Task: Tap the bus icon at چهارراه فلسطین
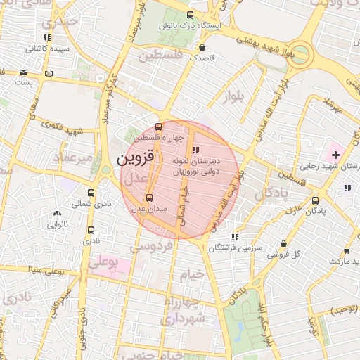tap(158, 127)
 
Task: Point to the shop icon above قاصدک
tap(202, 48)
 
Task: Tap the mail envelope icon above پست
tap(25, 72)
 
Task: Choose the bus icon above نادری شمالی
tap(91, 193)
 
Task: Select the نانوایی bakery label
tap(58, 226)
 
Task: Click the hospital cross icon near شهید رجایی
tap(335, 154)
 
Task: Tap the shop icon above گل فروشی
tap(284, 243)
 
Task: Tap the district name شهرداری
tap(184, 319)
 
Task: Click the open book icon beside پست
tap(49, 72)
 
